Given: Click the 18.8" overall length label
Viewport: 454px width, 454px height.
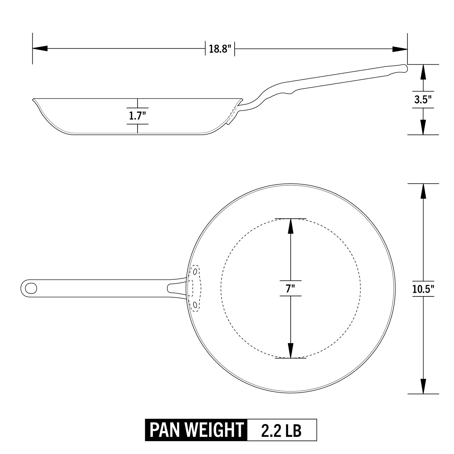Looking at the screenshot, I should click(x=220, y=49).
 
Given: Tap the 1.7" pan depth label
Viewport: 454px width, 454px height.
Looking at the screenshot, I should click(x=137, y=116).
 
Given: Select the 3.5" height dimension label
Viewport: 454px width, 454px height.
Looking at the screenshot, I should click(x=423, y=100).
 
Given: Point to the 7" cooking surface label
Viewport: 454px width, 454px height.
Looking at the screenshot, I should click(x=290, y=288).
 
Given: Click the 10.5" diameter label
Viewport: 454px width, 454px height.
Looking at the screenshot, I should click(x=423, y=289).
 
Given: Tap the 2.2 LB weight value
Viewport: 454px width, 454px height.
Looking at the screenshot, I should click(x=281, y=430).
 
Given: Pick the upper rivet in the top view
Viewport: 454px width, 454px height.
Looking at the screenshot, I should click(x=195, y=272).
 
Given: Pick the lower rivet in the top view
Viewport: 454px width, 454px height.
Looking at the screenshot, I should click(x=195, y=305).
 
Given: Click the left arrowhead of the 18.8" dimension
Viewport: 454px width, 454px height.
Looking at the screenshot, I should click(x=40, y=48).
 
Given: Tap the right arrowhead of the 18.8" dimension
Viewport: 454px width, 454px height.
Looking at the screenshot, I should click(x=400, y=49).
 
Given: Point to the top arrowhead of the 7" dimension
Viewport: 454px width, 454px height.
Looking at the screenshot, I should click(x=291, y=226).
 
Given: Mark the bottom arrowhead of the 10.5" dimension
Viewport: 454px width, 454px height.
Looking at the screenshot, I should click(x=423, y=386).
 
